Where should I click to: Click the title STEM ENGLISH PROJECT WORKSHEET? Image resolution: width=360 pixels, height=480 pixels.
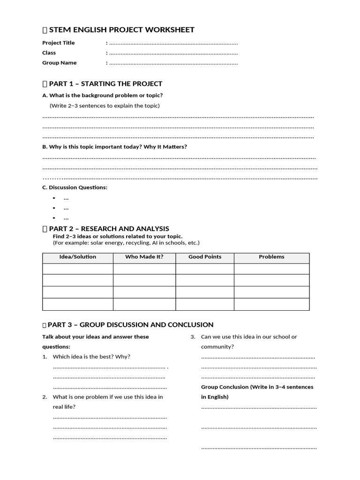click(121, 30)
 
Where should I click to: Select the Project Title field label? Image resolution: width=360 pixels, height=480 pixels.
click(59, 43)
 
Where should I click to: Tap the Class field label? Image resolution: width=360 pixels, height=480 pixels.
click(49, 52)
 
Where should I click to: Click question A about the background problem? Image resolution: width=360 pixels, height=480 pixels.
click(103, 95)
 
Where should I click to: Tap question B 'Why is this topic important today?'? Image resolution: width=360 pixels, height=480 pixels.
click(115, 146)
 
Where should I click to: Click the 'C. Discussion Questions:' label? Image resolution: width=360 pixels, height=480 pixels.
click(75, 187)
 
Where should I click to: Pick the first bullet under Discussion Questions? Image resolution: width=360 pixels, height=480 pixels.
click(66, 198)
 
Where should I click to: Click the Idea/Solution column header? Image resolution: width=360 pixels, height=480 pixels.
click(78, 257)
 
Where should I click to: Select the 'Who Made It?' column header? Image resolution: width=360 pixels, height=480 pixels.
click(144, 257)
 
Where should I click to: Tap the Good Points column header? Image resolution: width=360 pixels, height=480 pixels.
click(205, 257)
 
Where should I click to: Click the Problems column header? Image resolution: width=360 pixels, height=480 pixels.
click(271, 257)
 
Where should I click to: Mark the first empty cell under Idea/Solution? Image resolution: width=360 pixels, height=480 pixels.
click(78, 269)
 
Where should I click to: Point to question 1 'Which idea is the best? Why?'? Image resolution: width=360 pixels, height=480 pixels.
click(91, 357)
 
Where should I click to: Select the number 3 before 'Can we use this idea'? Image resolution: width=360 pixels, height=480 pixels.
click(192, 337)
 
